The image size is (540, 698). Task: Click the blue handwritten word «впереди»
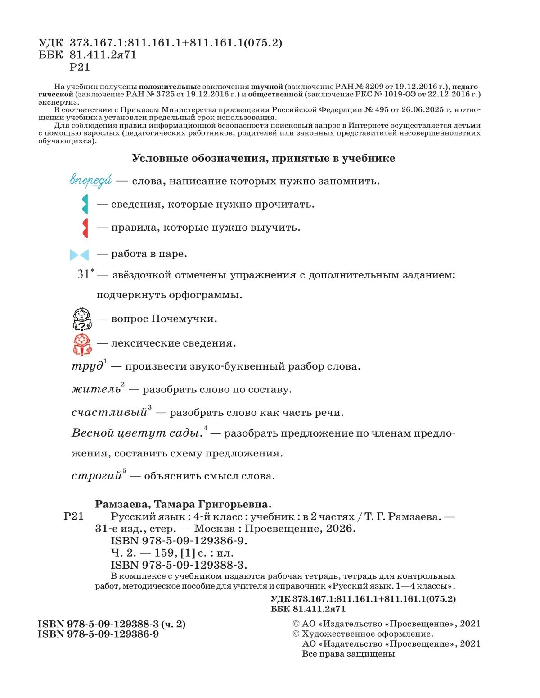coord(90,180)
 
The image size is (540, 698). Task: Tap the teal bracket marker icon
coord(85,205)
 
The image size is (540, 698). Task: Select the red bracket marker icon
coord(85,228)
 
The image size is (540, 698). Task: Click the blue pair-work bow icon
coord(79,255)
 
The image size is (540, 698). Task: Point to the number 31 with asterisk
coord(85,274)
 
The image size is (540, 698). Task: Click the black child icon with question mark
coord(82,319)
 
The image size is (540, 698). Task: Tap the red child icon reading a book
coord(82,344)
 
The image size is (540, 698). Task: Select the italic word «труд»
coord(88,366)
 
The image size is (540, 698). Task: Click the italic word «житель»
coord(96,389)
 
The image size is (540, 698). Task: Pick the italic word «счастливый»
coord(109,412)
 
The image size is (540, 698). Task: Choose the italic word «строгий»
coord(97,476)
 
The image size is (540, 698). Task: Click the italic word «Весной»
coord(92,433)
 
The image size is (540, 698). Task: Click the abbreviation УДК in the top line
coord(51,43)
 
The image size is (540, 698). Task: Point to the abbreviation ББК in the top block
coord(51,55)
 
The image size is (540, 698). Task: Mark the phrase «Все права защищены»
coord(348,654)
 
